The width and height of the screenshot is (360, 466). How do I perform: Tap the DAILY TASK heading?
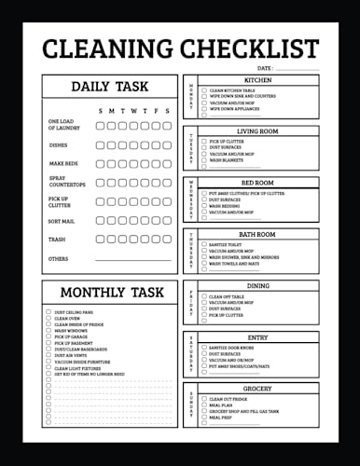(x=110, y=87)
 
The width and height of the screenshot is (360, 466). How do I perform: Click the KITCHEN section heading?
(x=257, y=81)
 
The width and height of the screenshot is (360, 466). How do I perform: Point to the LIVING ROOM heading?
(x=257, y=132)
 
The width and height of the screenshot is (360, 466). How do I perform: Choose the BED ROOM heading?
(x=257, y=184)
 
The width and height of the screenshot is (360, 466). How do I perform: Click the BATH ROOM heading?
(x=257, y=235)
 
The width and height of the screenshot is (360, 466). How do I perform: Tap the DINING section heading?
(x=257, y=286)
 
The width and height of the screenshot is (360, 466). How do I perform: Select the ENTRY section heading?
(x=257, y=337)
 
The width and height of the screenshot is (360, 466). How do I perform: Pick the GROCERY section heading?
(x=257, y=389)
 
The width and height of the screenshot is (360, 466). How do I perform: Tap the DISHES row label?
(x=57, y=144)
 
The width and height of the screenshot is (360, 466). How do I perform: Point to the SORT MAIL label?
(x=61, y=222)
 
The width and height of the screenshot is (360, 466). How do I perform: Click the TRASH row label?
(x=56, y=240)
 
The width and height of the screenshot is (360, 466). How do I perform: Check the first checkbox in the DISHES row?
(x=100, y=144)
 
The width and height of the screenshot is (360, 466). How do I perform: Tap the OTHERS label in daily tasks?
(x=58, y=258)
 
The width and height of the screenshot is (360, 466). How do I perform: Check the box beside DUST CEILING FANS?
(x=48, y=312)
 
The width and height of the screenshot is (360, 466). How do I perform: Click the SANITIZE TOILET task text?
(x=228, y=243)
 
